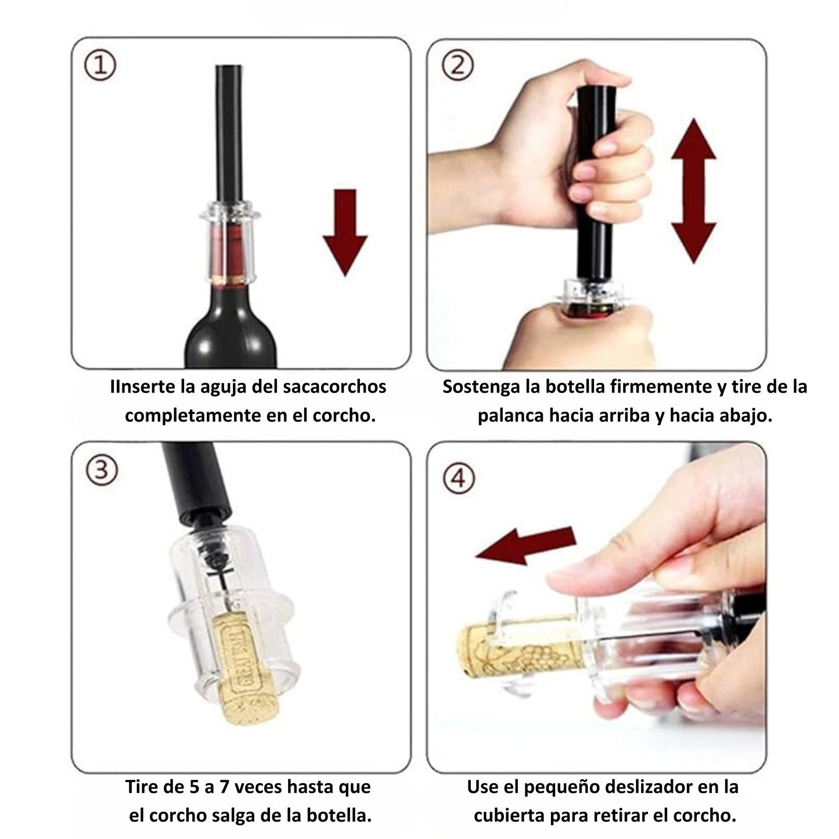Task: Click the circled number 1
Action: (100, 66)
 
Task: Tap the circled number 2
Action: (458, 66)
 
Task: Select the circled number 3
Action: (102, 471)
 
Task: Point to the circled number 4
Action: (459, 479)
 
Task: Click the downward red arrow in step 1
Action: (345, 232)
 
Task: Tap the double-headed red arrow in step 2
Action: (694, 190)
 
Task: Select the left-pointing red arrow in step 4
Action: (526, 546)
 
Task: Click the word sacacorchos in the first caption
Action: (334, 387)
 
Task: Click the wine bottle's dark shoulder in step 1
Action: (231, 335)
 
